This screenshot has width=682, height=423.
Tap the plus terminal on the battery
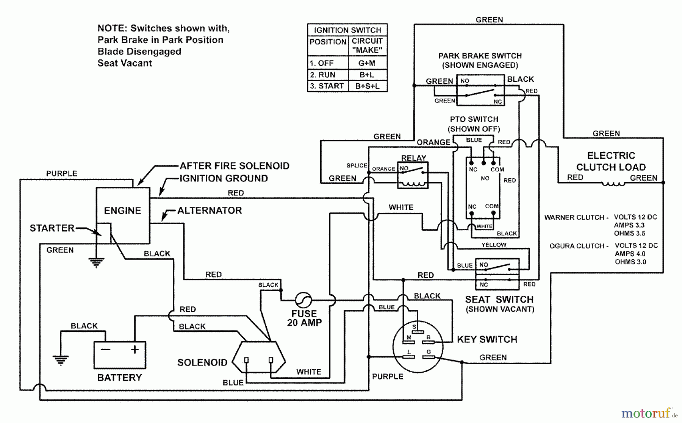point(135,349)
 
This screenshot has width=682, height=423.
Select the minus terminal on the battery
point(106,349)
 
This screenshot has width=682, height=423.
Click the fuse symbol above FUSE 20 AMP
point(303,300)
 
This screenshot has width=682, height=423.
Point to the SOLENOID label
point(202,363)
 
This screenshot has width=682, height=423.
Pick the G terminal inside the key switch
point(429,356)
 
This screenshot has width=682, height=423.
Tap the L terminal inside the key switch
point(408,356)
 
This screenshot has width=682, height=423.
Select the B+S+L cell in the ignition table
point(367,86)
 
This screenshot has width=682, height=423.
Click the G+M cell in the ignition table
point(367,63)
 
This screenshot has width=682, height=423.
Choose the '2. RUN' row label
point(323,75)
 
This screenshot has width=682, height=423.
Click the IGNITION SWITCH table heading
point(347,30)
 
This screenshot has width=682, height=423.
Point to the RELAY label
point(413,158)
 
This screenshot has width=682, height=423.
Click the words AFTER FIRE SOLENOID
point(234,166)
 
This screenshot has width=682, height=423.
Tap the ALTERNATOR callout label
point(210,211)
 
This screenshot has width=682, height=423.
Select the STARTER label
point(52,228)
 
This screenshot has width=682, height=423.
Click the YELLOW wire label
point(494,245)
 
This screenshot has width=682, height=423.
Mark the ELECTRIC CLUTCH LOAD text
point(611,161)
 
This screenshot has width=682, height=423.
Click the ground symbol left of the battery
point(61,360)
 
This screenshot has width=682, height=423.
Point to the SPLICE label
point(357,165)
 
